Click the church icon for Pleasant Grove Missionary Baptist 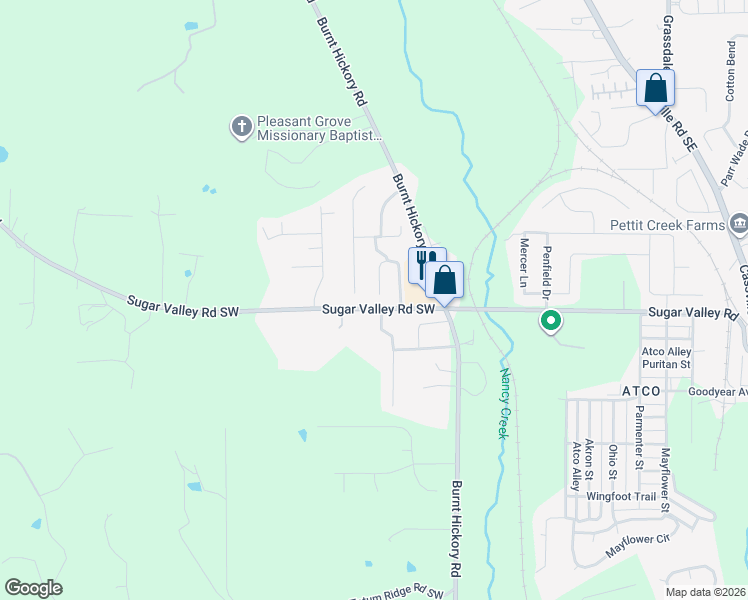(x=241, y=127)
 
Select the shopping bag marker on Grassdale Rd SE (x=655, y=88)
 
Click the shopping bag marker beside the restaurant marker (x=445, y=279)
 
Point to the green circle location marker (x=549, y=321)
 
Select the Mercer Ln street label (x=523, y=259)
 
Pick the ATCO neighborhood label (x=640, y=391)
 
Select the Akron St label (x=590, y=458)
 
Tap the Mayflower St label (x=664, y=479)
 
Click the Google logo (x=33, y=587)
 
